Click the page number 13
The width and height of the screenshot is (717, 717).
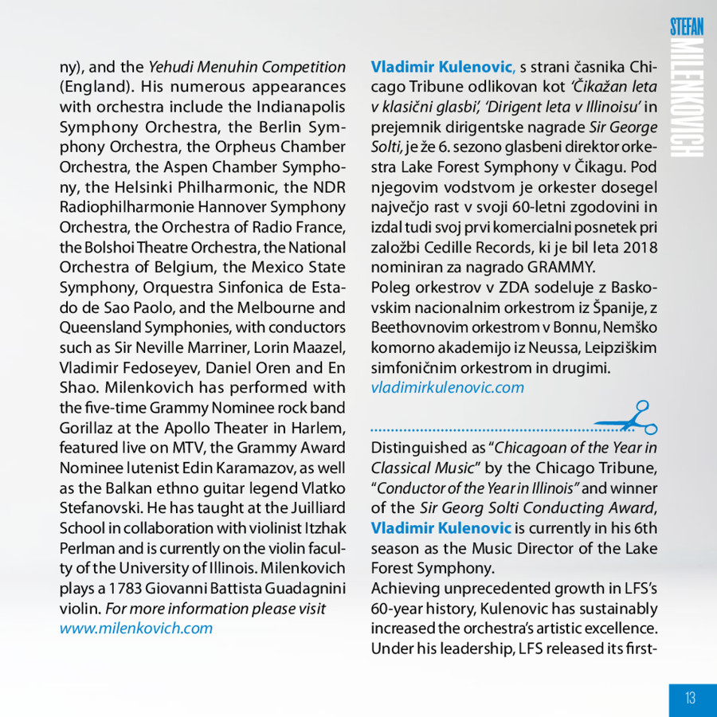pyautogui.click(x=690, y=698)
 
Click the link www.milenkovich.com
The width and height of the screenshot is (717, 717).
pyautogui.click(x=136, y=628)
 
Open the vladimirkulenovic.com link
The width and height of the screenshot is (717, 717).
pyautogui.click(x=448, y=388)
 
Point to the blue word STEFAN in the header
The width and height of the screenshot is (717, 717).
pyautogui.click(x=687, y=25)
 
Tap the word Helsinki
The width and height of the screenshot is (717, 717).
pyautogui.click(x=128, y=187)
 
